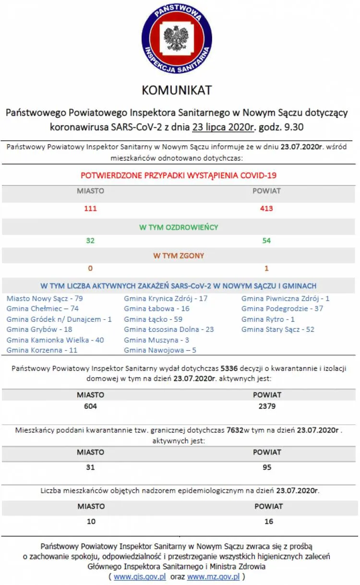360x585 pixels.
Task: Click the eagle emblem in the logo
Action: [176, 38]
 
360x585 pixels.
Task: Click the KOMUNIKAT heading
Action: [177, 90]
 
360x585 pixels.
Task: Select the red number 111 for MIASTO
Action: [90, 208]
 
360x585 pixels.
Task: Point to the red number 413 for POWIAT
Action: [266, 208]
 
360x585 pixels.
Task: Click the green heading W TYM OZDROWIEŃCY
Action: [179, 227]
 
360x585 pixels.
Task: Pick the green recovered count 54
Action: [266, 241]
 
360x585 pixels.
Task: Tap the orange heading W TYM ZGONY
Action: [179, 256]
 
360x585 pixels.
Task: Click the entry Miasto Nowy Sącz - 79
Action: [45, 298]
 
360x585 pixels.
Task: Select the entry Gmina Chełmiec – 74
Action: [42, 309]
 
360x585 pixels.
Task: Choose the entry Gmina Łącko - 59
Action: [153, 319]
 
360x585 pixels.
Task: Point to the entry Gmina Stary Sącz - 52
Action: [278, 329]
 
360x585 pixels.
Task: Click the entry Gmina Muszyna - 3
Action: [156, 340]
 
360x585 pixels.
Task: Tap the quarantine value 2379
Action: [267, 406]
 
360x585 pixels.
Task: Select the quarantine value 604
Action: [90, 406]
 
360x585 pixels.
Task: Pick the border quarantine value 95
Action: [267, 467]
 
